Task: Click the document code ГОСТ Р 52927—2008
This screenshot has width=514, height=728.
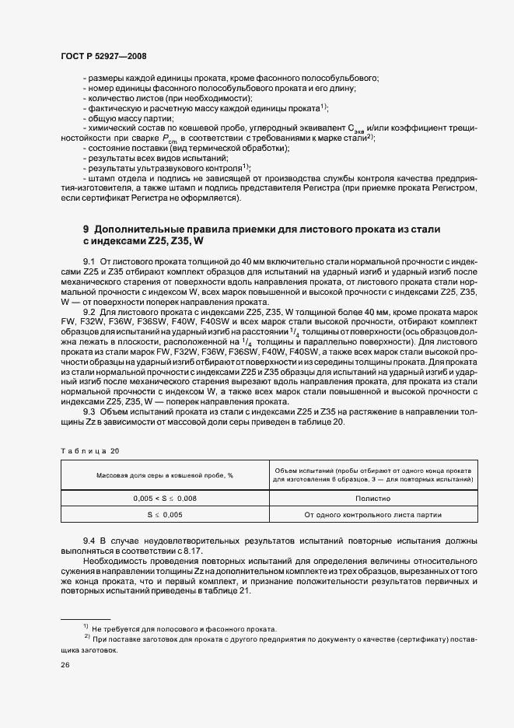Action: pos(103,57)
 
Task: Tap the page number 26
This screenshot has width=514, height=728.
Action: pos(65,666)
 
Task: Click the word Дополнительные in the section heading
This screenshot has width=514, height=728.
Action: pos(142,230)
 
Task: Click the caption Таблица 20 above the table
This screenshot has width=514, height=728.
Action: pos(90,451)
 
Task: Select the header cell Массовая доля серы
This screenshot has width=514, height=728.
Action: pos(165,475)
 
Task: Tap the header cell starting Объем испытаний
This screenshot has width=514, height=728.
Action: pos(374,475)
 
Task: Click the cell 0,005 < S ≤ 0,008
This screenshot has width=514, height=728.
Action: pos(165,499)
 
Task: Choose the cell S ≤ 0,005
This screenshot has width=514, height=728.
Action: pos(165,515)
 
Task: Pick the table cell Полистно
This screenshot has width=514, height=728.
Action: pos(374,499)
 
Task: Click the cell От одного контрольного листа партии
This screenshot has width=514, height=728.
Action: pos(374,515)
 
